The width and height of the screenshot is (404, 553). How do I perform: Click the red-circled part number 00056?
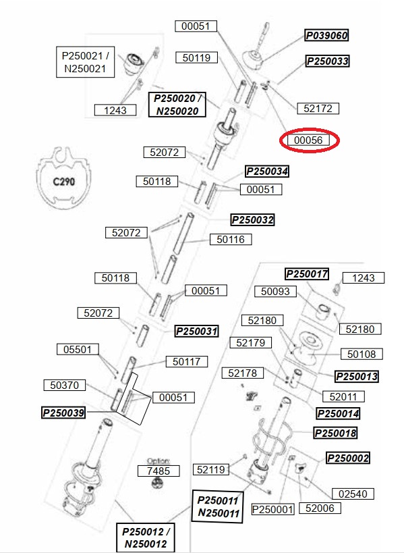tap(308, 140)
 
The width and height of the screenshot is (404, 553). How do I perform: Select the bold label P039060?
tap(327, 35)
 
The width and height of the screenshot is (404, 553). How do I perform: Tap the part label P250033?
tap(328, 61)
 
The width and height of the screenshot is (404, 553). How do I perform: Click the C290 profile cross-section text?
tap(64, 182)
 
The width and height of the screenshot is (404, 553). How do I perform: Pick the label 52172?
tap(318, 108)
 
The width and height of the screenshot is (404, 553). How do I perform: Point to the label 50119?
tap(196, 57)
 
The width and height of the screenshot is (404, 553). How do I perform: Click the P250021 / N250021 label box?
tap(85, 62)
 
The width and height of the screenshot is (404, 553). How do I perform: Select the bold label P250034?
tap(267, 172)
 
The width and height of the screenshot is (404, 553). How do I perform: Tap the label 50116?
tap(231, 240)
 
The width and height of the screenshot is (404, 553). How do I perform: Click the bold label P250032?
tap(252, 219)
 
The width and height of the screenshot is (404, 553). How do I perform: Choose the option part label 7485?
tap(158, 471)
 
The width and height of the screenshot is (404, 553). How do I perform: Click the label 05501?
tap(78, 350)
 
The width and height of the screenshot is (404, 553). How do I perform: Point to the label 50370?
tap(65, 385)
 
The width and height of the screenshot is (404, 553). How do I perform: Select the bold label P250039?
tap(63, 413)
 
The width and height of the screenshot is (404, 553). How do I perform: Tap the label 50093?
tap(275, 291)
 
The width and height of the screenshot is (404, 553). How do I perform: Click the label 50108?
tap(362, 354)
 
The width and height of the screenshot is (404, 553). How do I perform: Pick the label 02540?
tap(353, 494)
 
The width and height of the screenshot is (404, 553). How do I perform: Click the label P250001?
tap(273, 509)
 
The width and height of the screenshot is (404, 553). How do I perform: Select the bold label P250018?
tap(335, 433)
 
